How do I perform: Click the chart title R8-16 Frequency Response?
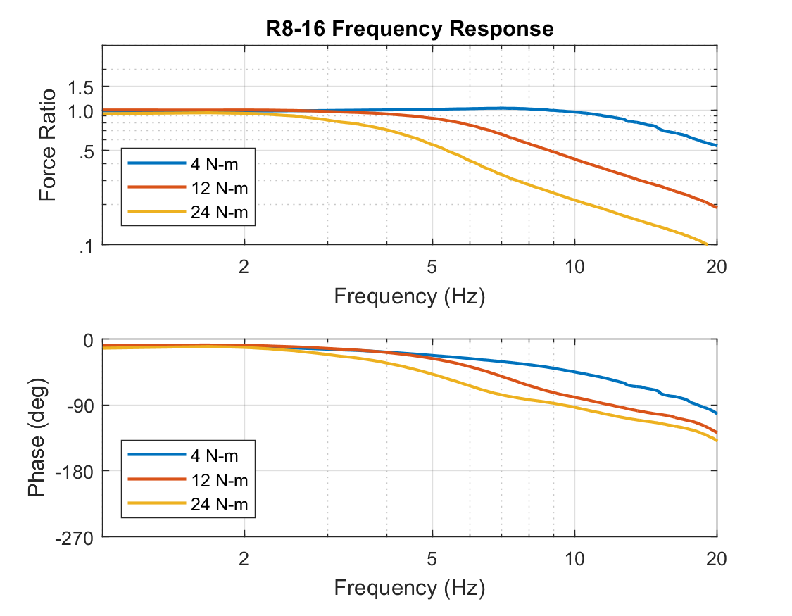(410, 29)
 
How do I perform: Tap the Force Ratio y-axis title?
(48, 145)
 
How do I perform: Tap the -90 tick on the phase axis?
(80, 406)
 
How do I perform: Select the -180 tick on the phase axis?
(75, 471)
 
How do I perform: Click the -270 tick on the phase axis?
(75, 538)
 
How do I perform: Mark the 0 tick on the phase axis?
(89, 340)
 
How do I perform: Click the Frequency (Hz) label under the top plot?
(410, 296)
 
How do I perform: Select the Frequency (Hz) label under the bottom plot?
(410, 586)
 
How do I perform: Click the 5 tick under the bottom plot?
(432, 559)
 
